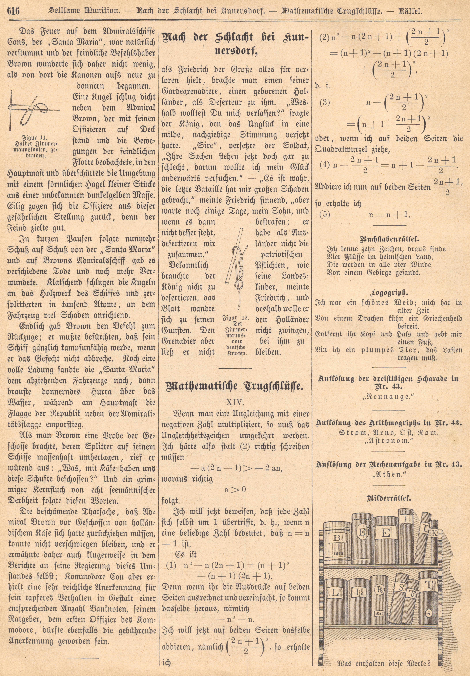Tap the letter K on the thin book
click(x=434, y=533)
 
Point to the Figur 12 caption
click(x=236, y=318)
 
